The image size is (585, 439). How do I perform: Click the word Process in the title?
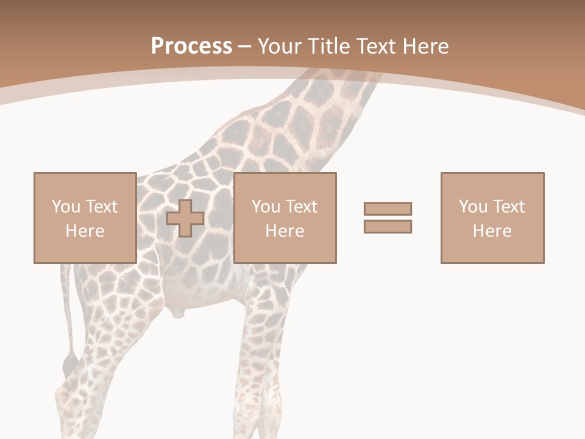coord(191,46)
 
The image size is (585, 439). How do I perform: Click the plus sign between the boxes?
coord(185,218)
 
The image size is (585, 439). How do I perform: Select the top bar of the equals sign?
coord(388,209)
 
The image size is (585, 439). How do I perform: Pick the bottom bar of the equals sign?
coord(388,226)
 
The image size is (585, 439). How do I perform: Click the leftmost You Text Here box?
coord(85,218)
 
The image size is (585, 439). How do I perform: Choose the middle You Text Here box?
coord(285,218)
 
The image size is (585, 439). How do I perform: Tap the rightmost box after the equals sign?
coord(492,218)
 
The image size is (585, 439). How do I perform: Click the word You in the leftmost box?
coord(66,207)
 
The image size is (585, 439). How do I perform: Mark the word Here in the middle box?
coord(285,231)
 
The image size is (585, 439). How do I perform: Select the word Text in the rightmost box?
coord(508,207)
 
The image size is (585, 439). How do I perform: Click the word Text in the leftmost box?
coord(101,207)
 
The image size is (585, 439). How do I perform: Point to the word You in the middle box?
coord(266,207)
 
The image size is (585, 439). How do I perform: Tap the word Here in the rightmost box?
coord(492,231)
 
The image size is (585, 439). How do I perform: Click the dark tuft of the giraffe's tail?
coord(69,365)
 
